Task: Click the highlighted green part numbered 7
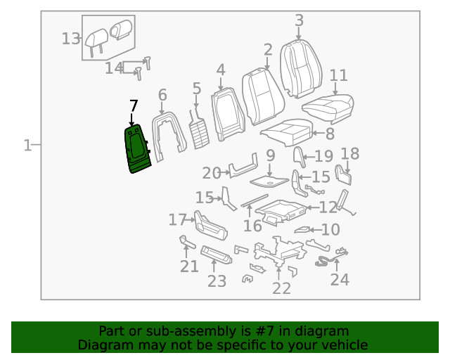pyautogui.click(x=137, y=148)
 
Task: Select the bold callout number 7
pyautogui.click(x=134, y=106)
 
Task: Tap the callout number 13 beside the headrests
pyautogui.click(x=71, y=39)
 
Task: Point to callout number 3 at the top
pyautogui.click(x=300, y=20)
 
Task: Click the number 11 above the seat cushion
pyautogui.click(x=339, y=75)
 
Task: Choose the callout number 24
pyautogui.click(x=340, y=280)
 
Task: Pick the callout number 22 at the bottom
pyautogui.click(x=281, y=288)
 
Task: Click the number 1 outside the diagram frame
pyautogui.click(x=27, y=146)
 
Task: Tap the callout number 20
pyautogui.click(x=212, y=174)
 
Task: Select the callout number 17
pyautogui.click(x=178, y=219)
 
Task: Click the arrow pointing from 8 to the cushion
pyautogui.click(x=318, y=133)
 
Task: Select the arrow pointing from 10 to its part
pyautogui.click(x=315, y=230)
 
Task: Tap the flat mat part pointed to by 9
pyautogui.click(x=269, y=181)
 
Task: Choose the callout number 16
pyautogui.click(x=252, y=226)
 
